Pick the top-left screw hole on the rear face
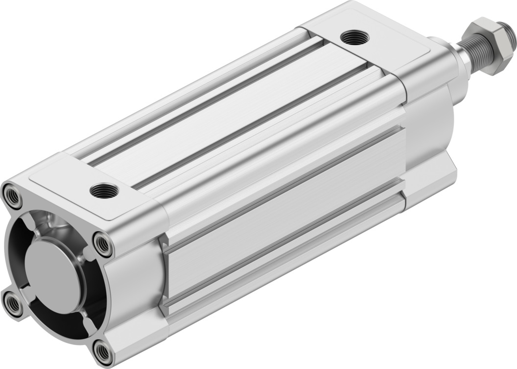click(12, 194)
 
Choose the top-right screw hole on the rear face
click(102, 243)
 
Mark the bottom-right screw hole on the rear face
click(103, 352)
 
